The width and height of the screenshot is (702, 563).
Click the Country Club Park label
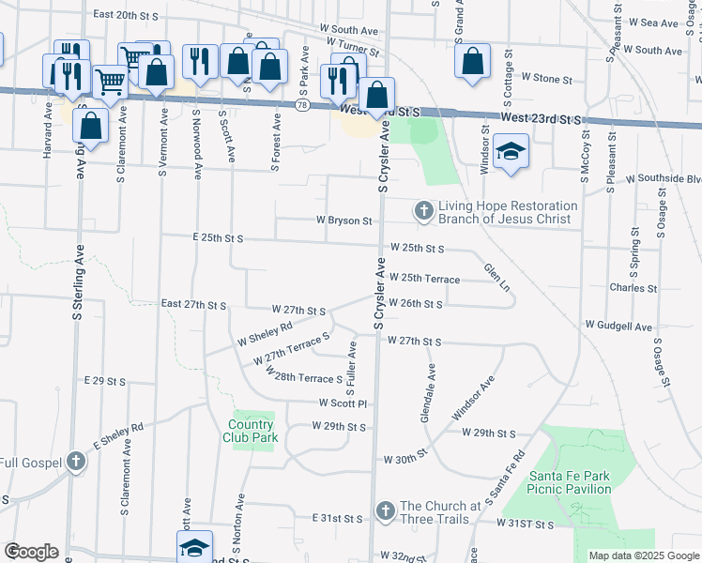pos(252,431)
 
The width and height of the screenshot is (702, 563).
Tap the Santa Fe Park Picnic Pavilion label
pos(570,482)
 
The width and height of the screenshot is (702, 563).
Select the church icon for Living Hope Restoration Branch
pos(424,211)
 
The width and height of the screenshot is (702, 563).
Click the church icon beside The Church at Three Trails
pos(385,511)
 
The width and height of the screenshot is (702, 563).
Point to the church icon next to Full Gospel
pos(75,462)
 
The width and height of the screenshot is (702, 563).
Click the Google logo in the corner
pos(31,552)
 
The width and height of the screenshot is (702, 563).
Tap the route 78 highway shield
pos(301,106)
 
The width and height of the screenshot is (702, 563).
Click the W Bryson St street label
pos(344,221)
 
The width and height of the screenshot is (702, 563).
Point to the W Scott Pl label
pos(342,403)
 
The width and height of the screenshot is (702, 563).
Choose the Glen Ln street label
pos(496,277)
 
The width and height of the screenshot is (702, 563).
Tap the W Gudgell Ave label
pos(618,325)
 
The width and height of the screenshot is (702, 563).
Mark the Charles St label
pos(633,288)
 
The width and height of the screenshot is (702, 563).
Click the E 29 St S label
pos(104,381)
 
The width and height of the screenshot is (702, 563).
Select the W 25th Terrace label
pos(425,279)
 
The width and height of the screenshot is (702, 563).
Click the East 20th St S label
pos(129,15)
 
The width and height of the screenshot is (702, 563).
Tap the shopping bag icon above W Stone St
pos(473,61)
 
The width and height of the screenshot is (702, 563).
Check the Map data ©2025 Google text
pos(643,555)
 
